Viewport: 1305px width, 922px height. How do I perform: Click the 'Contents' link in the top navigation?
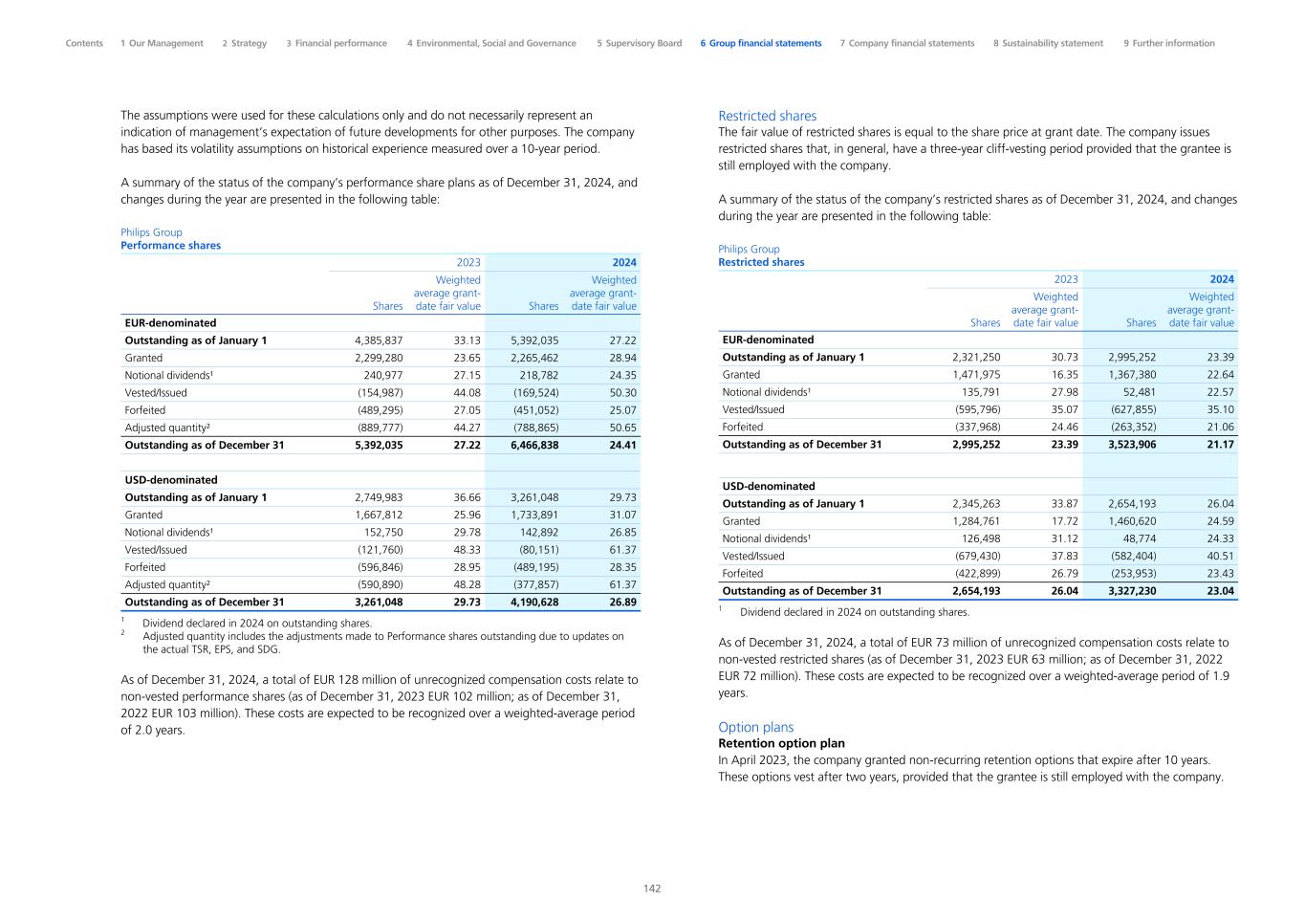(x=84, y=43)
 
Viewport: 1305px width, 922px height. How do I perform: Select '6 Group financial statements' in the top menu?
(x=760, y=43)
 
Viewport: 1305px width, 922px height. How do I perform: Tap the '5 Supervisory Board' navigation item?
(x=639, y=43)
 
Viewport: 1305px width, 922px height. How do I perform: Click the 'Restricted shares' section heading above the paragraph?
(x=767, y=116)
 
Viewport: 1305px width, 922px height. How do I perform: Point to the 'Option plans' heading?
(x=755, y=727)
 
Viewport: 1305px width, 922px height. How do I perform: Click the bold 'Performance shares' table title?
(x=170, y=246)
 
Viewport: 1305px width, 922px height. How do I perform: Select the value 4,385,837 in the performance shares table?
(x=379, y=340)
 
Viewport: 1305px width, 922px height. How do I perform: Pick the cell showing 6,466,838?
(x=534, y=445)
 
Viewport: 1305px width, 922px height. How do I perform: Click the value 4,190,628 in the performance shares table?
(x=534, y=602)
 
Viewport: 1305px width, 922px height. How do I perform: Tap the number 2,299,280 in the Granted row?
(x=379, y=358)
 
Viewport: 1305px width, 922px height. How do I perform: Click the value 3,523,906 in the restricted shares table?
(x=1132, y=444)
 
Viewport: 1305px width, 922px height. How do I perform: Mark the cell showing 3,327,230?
(x=1132, y=591)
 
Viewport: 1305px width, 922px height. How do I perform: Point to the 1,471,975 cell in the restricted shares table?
(x=976, y=375)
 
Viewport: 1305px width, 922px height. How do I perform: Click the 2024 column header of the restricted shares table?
(x=1222, y=279)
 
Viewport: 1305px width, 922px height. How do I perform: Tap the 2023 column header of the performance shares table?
(x=468, y=262)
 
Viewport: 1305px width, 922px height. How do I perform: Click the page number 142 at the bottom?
(x=652, y=889)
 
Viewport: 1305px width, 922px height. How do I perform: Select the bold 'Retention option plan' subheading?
(x=781, y=743)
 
